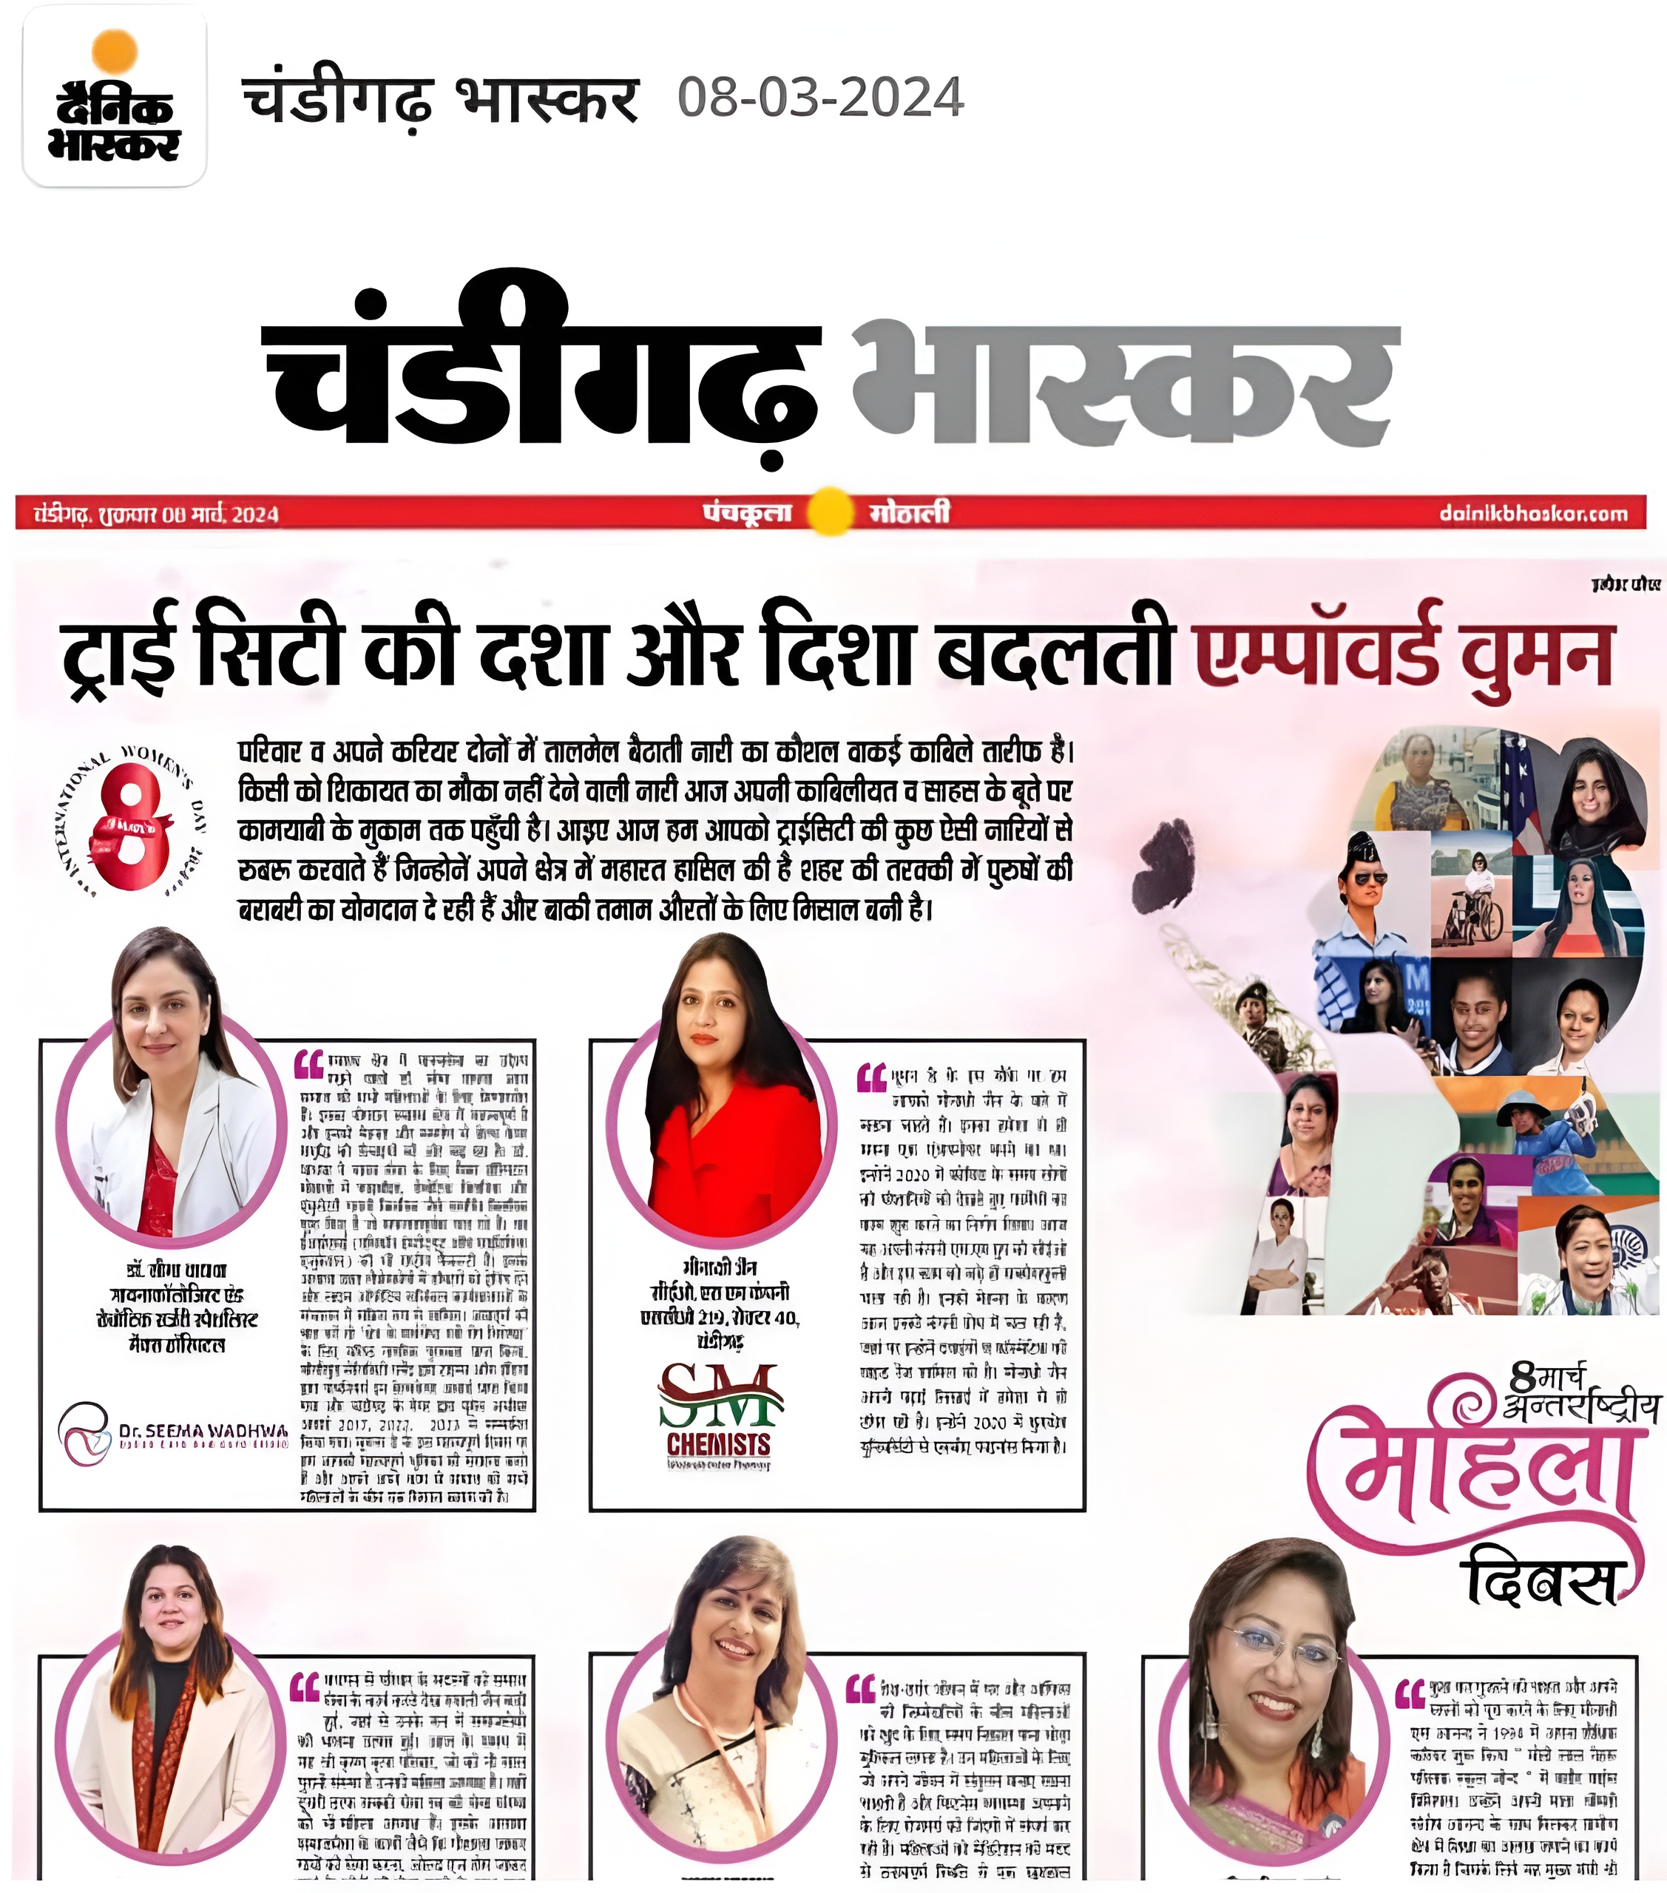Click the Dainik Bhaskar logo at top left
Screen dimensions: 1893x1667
115,96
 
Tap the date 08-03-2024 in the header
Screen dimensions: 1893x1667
820,98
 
